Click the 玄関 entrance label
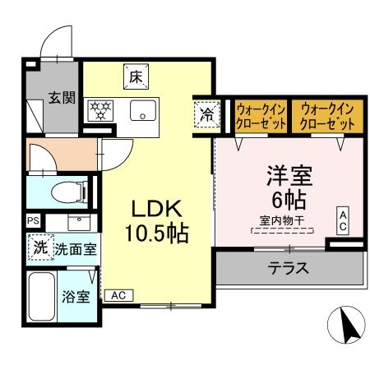61,98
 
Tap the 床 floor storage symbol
135,78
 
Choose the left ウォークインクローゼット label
261,114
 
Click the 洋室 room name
287,176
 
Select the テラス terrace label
288,266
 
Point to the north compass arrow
349,326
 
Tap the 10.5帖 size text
156,232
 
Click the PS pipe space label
33,221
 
